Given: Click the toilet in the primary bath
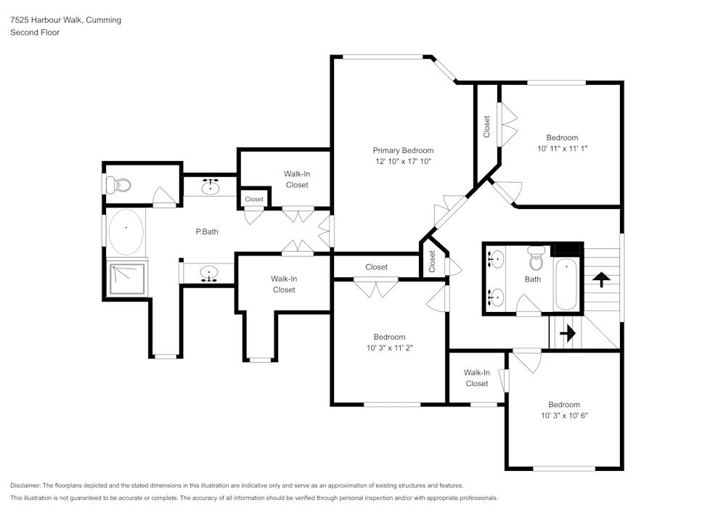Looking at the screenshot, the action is click(118, 185).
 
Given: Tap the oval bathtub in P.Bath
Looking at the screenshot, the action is click(126, 232).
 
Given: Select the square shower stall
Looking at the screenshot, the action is click(127, 279).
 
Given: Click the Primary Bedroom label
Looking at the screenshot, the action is click(403, 150).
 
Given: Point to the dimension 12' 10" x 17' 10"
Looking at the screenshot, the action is click(403, 161).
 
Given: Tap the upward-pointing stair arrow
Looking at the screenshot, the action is click(601, 279).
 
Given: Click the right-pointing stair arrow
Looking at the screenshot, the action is click(568, 332).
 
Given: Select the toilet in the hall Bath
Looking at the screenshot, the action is click(537, 258).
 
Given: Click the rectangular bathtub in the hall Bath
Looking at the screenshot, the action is click(566, 284).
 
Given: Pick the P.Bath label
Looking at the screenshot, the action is click(207, 231).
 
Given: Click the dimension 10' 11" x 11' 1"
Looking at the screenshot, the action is click(563, 149).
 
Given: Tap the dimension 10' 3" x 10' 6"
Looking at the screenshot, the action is click(564, 415).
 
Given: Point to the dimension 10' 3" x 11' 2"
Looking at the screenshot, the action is click(390, 348).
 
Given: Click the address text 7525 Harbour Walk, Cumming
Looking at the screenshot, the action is click(66, 20).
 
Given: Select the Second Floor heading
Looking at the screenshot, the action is click(35, 33).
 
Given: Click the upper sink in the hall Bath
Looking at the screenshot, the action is click(495, 258).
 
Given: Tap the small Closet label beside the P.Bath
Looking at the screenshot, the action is click(254, 200).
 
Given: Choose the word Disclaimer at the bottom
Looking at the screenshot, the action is click(25, 485).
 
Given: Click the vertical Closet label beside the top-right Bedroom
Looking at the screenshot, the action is click(486, 127).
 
